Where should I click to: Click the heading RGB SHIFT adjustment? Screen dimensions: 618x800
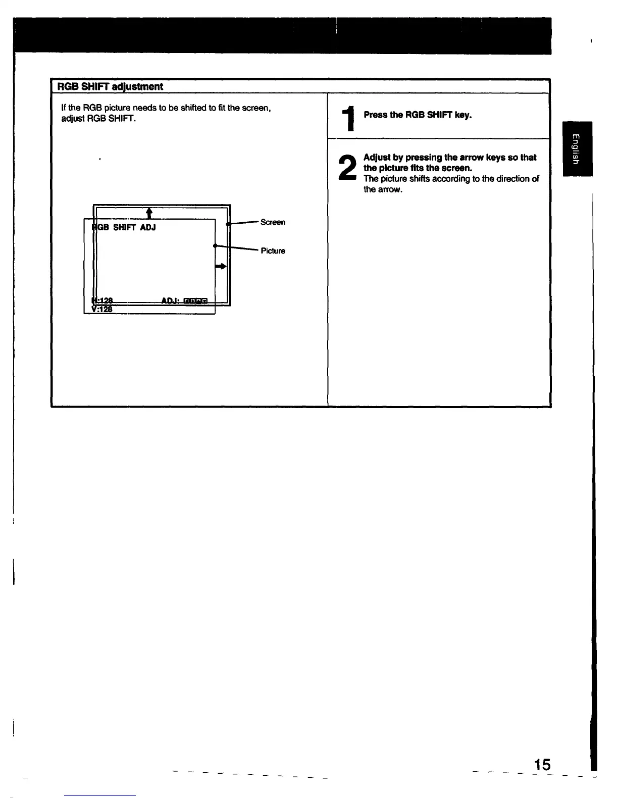pos(110,86)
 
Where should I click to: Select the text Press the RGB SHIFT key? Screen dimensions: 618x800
pos(418,115)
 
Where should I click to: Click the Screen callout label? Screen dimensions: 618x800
pos(273,222)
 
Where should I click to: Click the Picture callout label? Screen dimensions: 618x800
pos(273,251)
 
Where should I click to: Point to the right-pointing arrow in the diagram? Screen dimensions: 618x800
pos(221,266)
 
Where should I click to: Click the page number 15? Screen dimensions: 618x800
pos(542,764)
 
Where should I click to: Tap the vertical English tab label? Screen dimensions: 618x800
pos(577,149)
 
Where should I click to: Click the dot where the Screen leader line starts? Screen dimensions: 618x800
pos(228,224)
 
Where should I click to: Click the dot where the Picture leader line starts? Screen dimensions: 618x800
pos(215,246)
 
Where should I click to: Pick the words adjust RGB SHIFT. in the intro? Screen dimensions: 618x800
pos(98,119)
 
